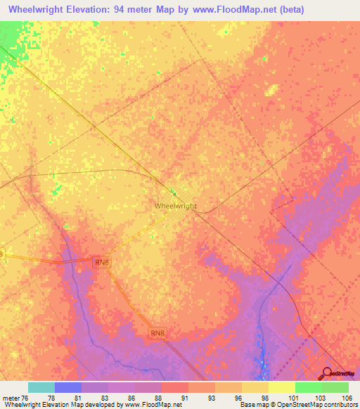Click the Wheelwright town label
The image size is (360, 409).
pos(175,206)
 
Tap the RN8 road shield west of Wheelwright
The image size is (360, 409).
pos(102,262)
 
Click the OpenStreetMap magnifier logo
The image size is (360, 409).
pos(327,375)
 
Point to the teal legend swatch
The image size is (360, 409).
pos(41,387)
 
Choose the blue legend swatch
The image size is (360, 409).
pos(68,387)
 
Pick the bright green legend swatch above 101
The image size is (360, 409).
pos(309,387)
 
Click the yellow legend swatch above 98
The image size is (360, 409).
pos(255,387)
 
